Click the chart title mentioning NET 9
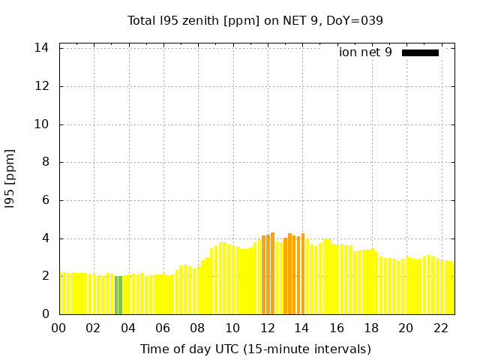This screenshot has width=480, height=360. pyautogui.click(x=255, y=20)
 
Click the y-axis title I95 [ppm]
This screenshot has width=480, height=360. pyautogui.click(x=10, y=178)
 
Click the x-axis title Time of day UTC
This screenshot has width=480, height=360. pyautogui.click(x=255, y=349)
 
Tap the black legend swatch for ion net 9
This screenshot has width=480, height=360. pyautogui.click(x=420, y=52)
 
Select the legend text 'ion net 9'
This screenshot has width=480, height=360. pyautogui.click(x=365, y=52)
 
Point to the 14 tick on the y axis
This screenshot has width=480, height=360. pyautogui.click(x=43, y=48)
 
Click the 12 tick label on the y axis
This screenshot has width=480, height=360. pyautogui.click(x=43, y=86)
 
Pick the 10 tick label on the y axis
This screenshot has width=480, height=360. pyautogui.click(x=43, y=124)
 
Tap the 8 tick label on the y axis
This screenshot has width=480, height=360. pyautogui.click(x=46, y=162)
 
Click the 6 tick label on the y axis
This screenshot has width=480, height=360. pyautogui.click(x=46, y=200)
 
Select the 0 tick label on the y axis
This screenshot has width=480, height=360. pyautogui.click(x=46, y=314)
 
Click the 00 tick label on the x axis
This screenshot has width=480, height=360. pyautogui.click(x=59, y=328)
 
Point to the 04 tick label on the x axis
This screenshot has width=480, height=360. pyautogui.click(x=128, y=328)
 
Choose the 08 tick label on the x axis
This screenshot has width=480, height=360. pyautogui.click(x=198, y=328)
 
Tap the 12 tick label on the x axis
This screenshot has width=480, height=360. pyautogui.click(x=268, y=328)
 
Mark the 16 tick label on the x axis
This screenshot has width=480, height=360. pyautogui.click(x=337, y=328)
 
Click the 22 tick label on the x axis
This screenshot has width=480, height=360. pyautogui.click(x=441, y=328)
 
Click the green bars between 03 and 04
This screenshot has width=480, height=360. pyautogui.click(x=118, y=295)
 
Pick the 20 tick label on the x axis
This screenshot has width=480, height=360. pyautogui.click(x=406, y=328)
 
